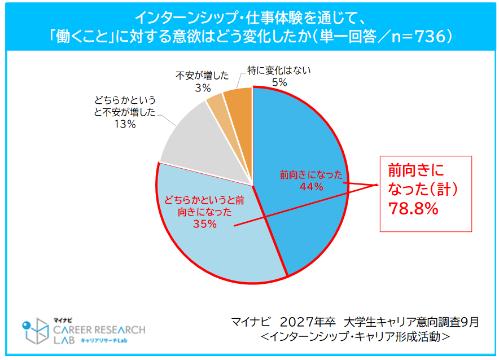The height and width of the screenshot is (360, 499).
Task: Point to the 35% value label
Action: [x=204, y=224]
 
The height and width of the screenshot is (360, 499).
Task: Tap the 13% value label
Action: [x=124, y=125]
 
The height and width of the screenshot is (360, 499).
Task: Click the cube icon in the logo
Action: [x=38, y=331]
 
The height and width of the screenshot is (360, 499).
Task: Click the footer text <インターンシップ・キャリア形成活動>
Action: [x=356, y=336]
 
